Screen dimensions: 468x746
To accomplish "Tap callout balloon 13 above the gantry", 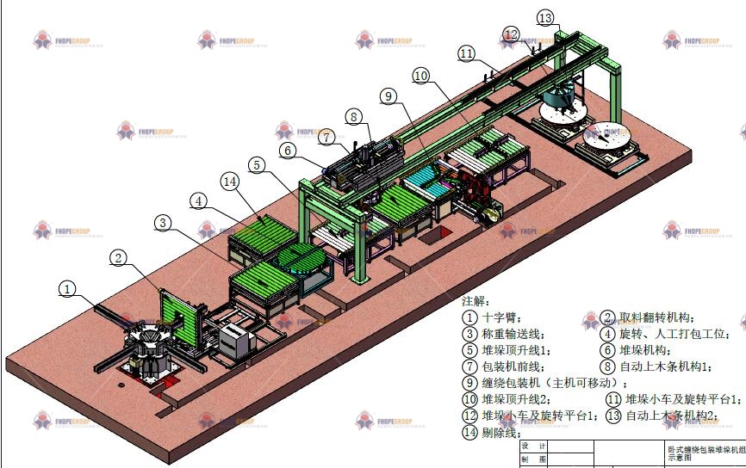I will (545, 17).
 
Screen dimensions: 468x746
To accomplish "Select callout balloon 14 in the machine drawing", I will (229, 182).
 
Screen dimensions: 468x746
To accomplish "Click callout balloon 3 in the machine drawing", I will (164, 223).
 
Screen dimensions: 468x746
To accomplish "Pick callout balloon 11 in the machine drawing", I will (467, 53).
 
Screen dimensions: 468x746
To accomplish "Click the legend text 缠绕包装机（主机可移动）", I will (550, 383).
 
